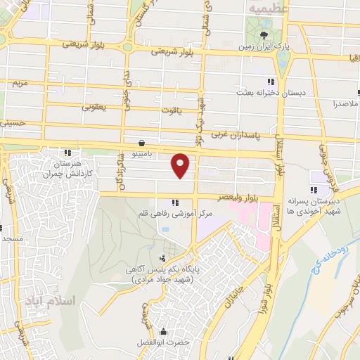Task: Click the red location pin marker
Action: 181,165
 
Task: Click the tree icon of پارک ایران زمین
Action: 264,35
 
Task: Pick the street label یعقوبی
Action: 94,107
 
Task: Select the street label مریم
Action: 20,83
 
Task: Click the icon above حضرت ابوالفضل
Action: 164,331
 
